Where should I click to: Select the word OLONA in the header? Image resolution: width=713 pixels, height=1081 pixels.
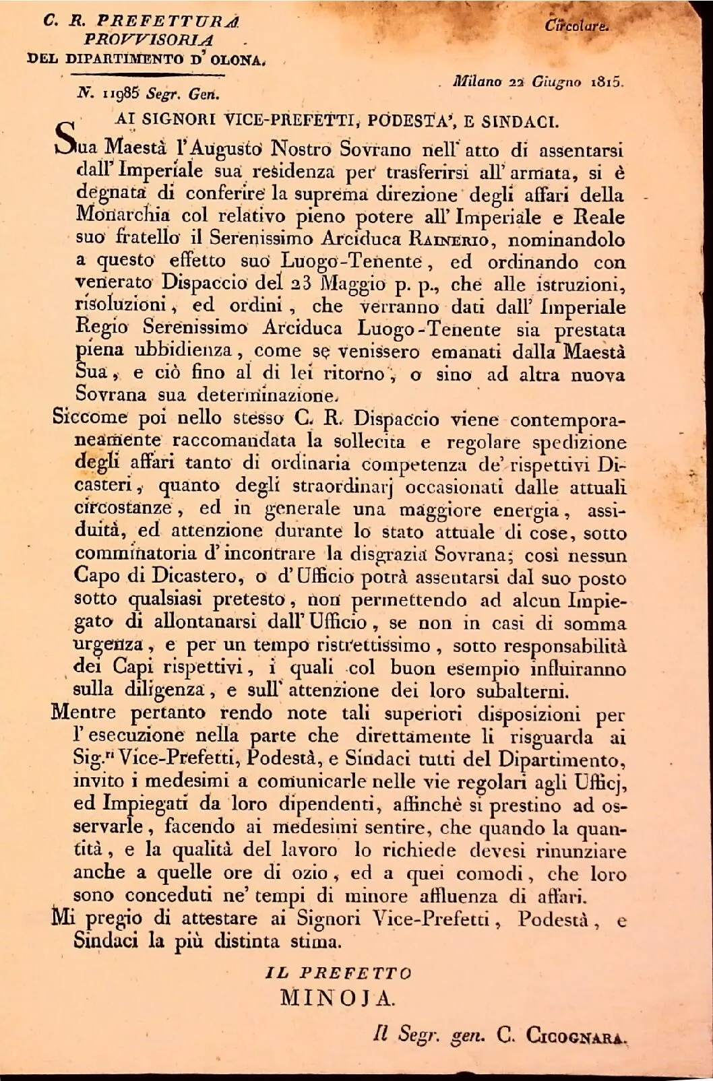(x=237, y=59)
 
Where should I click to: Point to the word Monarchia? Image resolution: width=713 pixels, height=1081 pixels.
(x=122, y=217)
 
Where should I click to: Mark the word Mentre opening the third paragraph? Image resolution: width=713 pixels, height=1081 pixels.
(x=83, y=713)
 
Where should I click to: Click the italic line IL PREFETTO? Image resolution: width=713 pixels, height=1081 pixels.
(x=338, y=973)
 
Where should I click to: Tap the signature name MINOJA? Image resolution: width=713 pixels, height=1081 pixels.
(x=337, y=997)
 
